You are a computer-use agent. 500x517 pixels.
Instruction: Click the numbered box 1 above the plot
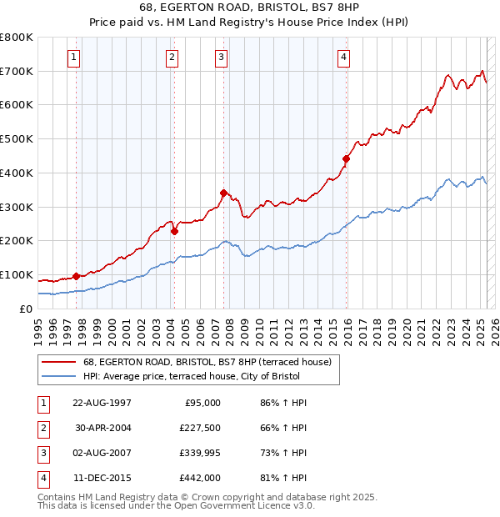pyautogui.click(x=74, y=58)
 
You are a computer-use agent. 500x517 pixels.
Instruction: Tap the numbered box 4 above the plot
pyautogui.click(x=343, y=58)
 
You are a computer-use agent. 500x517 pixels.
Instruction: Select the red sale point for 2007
pyautogui.click(x=223, y=193)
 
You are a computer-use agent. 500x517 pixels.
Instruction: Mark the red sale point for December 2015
pyautogui.click(x=346, y=158)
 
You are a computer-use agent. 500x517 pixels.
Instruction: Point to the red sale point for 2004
pyautogui.click(x=175, y=232)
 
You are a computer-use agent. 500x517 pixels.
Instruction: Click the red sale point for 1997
pyautogui.click(x=76, y=276)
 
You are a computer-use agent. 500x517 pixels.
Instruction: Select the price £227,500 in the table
pyautogui.click(x=201, y=428)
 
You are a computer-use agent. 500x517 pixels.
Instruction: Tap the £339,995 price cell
pyautogui.click(x=201, y=453)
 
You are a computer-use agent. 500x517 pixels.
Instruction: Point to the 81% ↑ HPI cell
pyautogui.click(x=283, y=478)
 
